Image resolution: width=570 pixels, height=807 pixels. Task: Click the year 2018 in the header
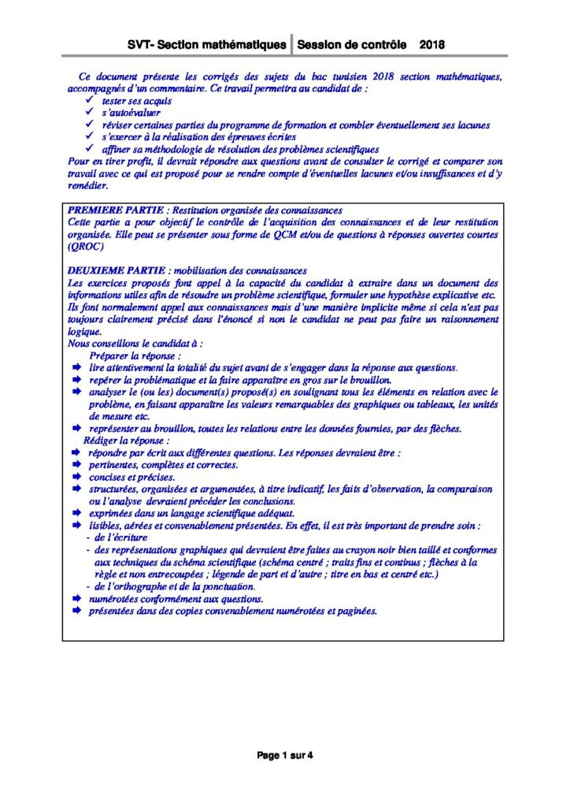click(x=432, y=45)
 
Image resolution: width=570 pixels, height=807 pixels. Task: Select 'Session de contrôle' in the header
click(x=352, y=45)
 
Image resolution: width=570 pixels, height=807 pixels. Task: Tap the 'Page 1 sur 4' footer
click(x=285, y=755)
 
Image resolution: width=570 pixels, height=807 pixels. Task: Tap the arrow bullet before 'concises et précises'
click(x=76, y=477)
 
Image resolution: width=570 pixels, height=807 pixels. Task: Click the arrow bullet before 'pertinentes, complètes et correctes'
click(x=76, y=465)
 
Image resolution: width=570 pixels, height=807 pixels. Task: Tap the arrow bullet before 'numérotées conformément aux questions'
click(x=76, y=599)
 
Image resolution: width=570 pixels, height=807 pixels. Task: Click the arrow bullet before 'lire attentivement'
click(x=76, y=367)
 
